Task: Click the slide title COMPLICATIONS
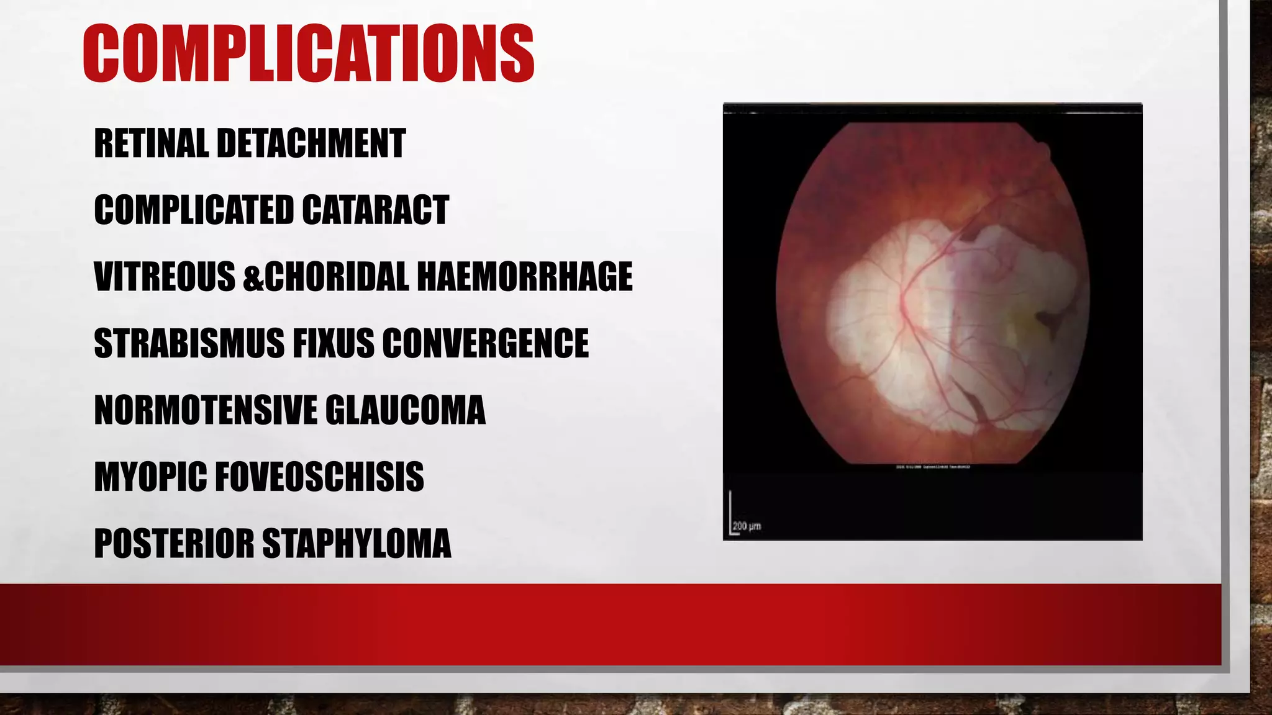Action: (308, 54)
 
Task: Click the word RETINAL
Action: (151, 143)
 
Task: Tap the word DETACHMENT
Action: (311, 143)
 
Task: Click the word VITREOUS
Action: (165, 277)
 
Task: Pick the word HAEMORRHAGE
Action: (525, 277)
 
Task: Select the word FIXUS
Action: (334, 343)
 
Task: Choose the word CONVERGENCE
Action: (485, 343)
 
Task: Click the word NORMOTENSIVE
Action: (206, 410)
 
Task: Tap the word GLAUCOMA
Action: (405, 410)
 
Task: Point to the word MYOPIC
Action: (150, 477)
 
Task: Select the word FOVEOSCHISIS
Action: (319, 477)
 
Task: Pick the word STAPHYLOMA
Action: (357, 544)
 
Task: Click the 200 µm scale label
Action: (747, 526)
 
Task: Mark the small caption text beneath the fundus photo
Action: (932, 467)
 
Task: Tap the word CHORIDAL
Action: (337, 277)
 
